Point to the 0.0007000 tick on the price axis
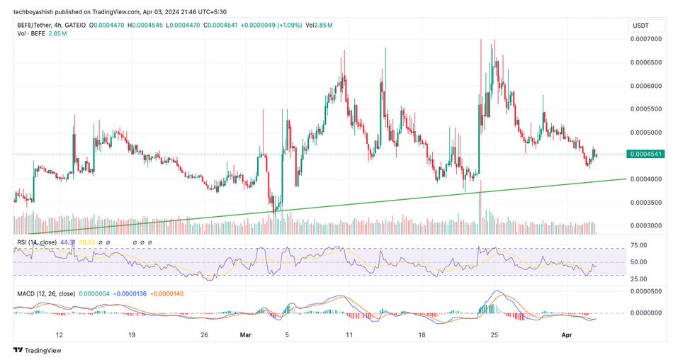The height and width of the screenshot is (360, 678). [646, 39]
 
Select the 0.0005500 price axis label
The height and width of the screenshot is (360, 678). [646, 109]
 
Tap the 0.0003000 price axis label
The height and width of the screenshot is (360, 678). [646, 226]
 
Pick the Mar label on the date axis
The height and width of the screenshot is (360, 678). [244, 334]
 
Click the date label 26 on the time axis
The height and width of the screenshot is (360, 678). [204, 334]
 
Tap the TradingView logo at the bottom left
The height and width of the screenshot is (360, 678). [37, 349]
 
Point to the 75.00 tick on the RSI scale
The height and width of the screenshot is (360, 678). [639, 246]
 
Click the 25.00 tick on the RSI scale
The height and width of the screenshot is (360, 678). [639, 278]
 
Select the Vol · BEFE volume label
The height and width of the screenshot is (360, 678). [33, 34]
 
